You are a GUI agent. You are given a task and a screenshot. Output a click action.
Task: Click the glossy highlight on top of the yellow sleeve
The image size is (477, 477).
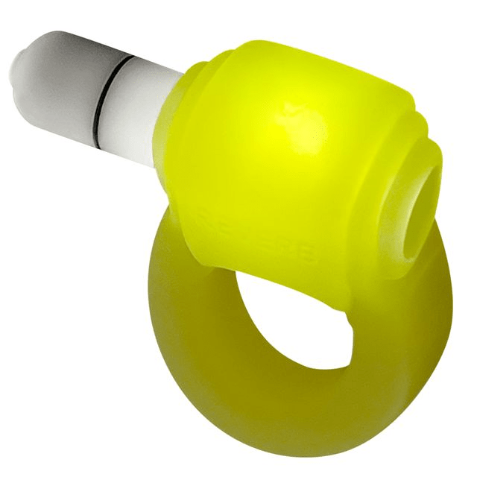(298, 119)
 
